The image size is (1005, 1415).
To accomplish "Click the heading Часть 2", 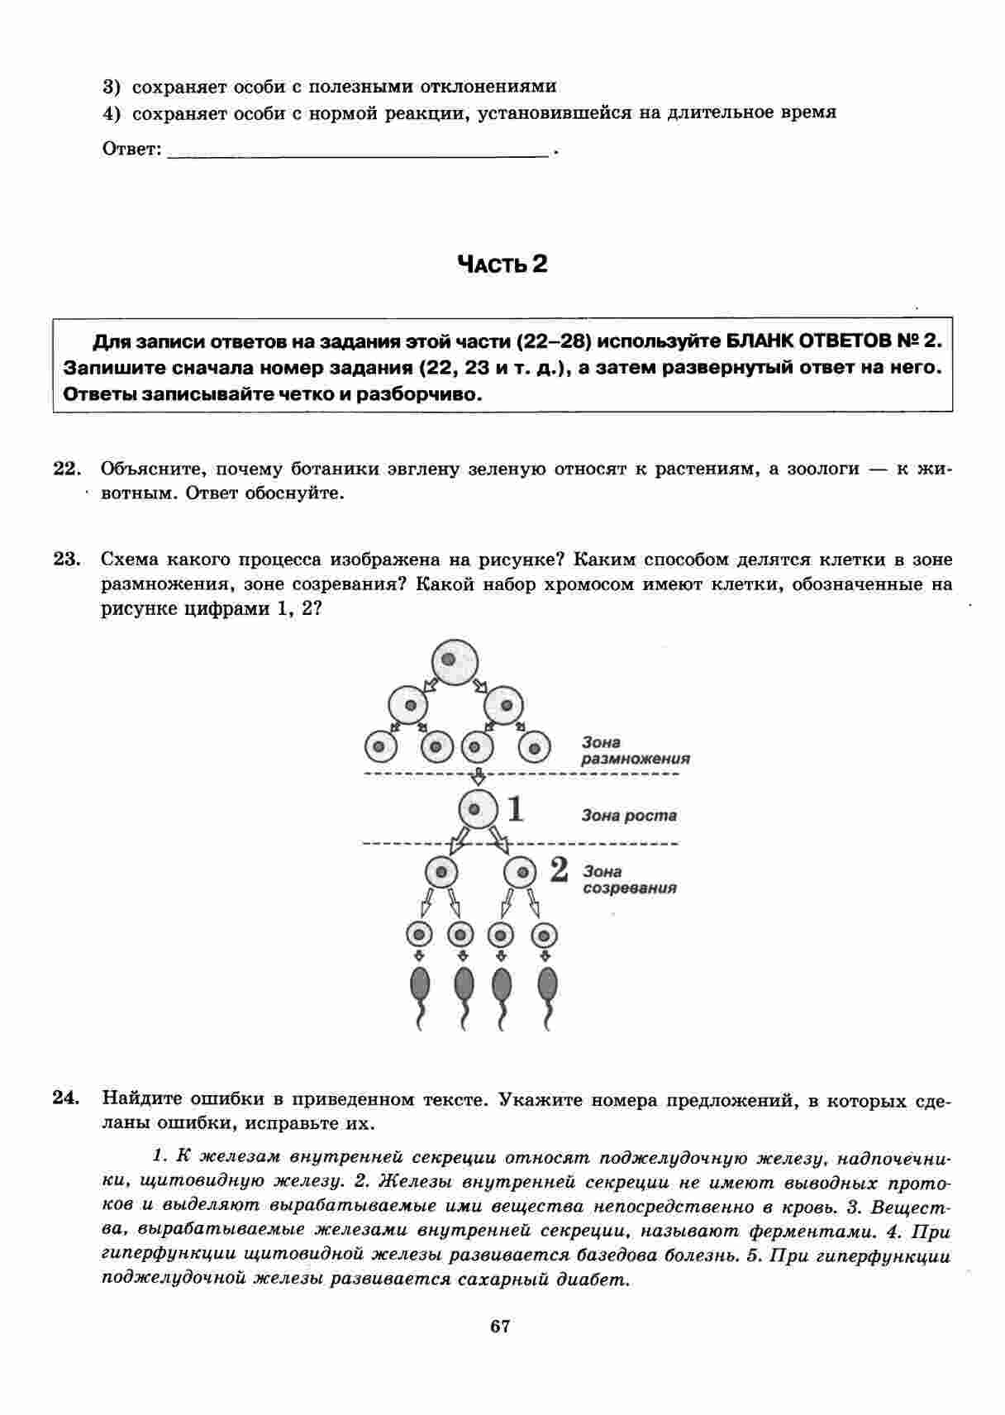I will pos(502,264).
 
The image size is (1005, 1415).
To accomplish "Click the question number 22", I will pos(65,469).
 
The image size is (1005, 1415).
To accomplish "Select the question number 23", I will pos(65,560).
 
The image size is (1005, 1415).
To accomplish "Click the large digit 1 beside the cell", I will pos(516,808).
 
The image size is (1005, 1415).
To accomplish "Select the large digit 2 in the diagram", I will pos(559,869).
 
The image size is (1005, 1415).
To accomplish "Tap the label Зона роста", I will pos(629,816).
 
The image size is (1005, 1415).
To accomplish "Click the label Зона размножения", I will pos(635,750).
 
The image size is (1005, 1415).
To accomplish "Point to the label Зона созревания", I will pos(629,879).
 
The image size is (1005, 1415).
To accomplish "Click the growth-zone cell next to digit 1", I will pos(479,808).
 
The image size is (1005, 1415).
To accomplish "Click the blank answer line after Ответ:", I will pos(357,150).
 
